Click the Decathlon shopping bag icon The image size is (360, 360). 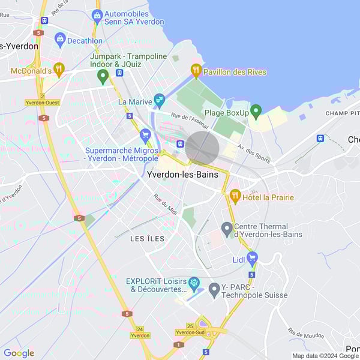[59, 40]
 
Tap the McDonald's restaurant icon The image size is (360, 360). [58, 69]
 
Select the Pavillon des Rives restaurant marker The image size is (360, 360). [196, 71]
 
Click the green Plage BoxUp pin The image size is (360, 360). [256, 111]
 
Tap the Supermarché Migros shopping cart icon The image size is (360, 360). [145, 135]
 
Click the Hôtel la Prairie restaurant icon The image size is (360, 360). [235, 196]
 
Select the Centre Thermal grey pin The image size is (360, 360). [227, 228]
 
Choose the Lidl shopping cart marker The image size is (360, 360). [252, 259]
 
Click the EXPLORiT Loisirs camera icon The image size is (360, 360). [193, 283]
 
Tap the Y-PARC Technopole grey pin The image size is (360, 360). [214, 290]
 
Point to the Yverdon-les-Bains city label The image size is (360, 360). [183, 175]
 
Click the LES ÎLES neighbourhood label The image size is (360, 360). [148, 238]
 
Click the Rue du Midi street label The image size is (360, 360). [165, 204]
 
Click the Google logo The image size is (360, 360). [19, 353]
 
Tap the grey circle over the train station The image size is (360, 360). [202, 148]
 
